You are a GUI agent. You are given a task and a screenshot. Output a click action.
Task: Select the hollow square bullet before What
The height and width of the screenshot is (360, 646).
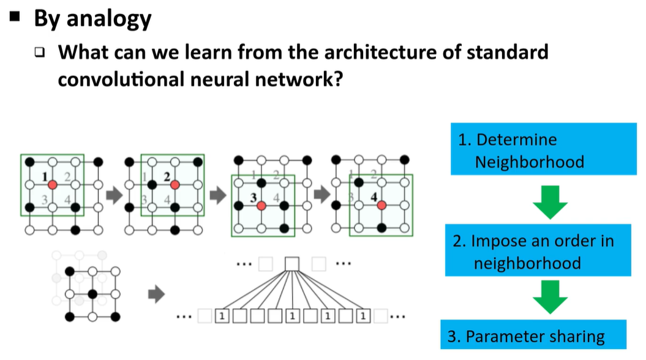tap(40, 53)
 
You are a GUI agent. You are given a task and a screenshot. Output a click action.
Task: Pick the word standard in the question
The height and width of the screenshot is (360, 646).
tap(508, 52)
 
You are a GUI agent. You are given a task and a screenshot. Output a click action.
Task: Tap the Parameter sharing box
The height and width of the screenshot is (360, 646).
tap(534, 336)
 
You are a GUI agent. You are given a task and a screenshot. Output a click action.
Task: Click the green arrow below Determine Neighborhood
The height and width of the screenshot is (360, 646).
tap(547, 203)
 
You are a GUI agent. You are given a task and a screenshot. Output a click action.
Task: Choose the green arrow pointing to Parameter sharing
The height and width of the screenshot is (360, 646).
tap(547, 300)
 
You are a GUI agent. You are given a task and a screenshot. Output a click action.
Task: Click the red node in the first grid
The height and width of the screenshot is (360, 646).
tap(53, 184)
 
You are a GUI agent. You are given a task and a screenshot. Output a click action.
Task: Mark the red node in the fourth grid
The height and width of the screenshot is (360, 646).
tap(381, 205)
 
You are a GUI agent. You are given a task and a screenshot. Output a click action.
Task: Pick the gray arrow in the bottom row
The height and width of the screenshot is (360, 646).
tap(157, 294)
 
